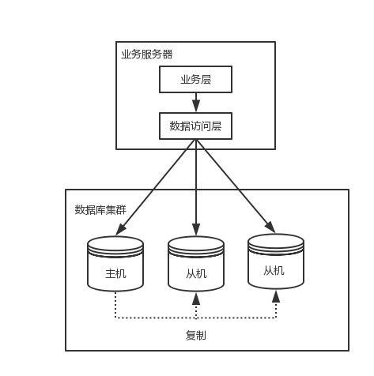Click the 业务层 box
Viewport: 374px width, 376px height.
click(196, 79)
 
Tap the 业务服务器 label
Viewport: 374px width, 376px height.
click(146, 55)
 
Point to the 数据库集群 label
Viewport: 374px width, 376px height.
click(100, 209)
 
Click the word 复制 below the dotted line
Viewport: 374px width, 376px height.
click(196, 335)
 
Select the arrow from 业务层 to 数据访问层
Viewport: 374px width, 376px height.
click(196, 101)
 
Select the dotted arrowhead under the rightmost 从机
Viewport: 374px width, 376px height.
click(276, 295)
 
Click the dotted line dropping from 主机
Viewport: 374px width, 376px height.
click(115, 304)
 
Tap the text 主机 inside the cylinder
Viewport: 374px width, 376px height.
click(115, 275)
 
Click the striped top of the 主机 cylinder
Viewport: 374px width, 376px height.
click(115, 245)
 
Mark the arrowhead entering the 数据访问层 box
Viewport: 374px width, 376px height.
click(196, 109)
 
